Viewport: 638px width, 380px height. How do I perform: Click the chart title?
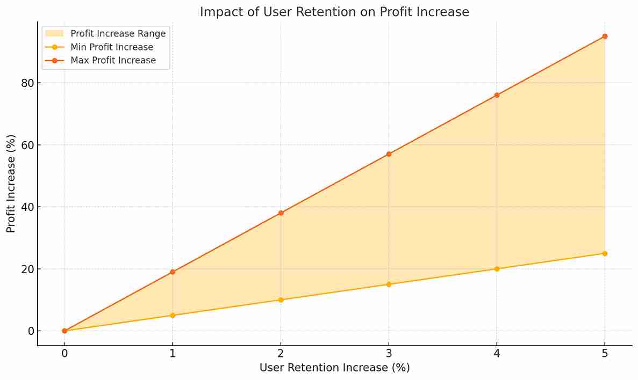tap(334, 12)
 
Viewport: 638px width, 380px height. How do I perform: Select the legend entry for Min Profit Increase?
tap(112, 47)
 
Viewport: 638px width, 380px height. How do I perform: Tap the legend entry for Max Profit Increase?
tap(113, 60)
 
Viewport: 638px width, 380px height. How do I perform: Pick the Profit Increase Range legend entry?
tap(118, 34)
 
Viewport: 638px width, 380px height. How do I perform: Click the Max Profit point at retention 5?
tap(605, 36)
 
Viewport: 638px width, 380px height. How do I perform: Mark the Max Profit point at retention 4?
tap(497, 95)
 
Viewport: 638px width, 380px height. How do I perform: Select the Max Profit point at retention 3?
tap(389, 154)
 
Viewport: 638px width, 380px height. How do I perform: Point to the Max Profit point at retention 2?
tap(281, 213)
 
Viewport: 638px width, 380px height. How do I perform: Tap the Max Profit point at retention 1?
tap(173, 272)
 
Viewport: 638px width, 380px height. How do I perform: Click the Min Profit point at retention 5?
tap(605, 253)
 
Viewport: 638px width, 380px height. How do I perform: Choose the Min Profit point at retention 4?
tap(497, 269)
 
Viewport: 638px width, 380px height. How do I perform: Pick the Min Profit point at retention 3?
tap(389, 284)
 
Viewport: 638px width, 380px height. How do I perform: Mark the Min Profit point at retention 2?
tap(281, 299)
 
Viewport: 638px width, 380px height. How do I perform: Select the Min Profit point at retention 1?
tap(173, 315)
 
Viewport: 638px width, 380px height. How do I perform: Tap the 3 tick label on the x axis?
tap(389, 354)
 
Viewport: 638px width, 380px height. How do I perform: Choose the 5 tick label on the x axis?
tap(605, 354)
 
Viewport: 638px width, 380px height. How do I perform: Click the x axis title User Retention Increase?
tap(334, 368)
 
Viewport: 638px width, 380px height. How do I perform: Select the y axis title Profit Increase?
tap(11, 184)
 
